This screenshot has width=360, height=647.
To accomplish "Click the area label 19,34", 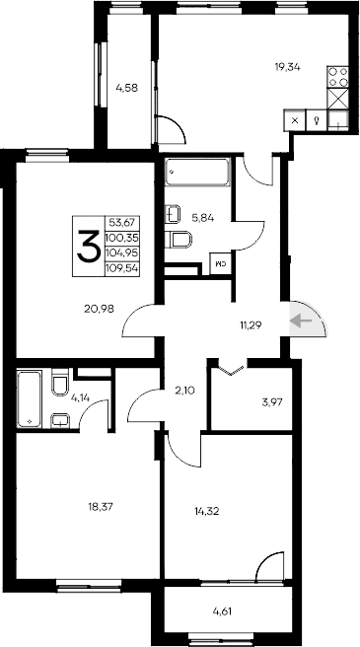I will [287, 67].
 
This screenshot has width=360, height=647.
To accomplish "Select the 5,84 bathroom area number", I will [202, 218].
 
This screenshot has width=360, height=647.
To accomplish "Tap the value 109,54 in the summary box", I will [122, 267].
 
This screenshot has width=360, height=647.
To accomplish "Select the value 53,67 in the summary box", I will [122, 223].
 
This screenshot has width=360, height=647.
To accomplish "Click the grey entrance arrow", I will [304, 319].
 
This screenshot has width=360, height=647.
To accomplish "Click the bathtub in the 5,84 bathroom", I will [197, 174].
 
